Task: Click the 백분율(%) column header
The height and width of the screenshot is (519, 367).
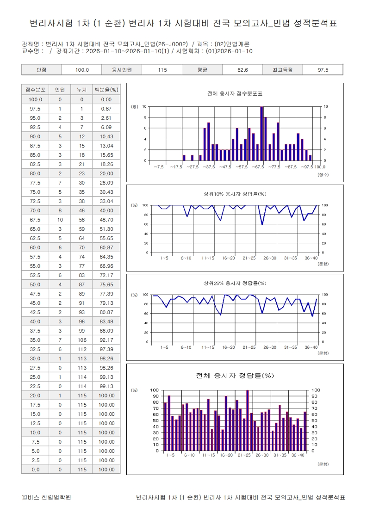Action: click(x=106, y=90)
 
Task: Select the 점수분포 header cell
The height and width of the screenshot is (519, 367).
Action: click(x=35, y=90)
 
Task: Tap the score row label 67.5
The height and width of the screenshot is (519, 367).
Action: click(x=35, y=220)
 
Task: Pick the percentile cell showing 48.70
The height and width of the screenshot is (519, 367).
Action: click(x=106, y=220)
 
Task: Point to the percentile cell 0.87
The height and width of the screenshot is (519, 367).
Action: click(x=106, y=109)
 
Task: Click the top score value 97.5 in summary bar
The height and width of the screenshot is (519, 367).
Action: click(x=323, y=70)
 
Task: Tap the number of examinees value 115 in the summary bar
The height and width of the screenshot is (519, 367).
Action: click(x=162, y=70)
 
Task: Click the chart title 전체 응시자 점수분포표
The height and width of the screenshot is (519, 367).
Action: click(x=235, y=94)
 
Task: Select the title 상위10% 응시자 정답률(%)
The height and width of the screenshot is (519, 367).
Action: click(x=235, y=194)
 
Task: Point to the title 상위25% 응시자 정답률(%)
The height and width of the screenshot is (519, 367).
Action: click(x=235, y=283)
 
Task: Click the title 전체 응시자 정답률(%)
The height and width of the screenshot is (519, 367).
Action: click(x=235, y=376)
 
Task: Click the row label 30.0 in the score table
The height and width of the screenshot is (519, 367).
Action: click(x=35, y=358)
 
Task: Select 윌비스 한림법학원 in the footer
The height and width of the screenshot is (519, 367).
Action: click(x=46, y=498)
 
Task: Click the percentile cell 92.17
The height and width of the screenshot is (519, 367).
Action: click(x=106, y=340)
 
